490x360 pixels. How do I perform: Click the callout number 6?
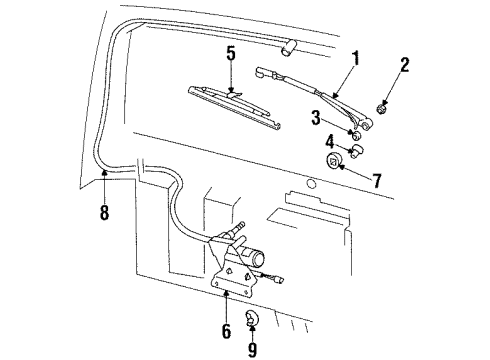coord(225,330)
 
